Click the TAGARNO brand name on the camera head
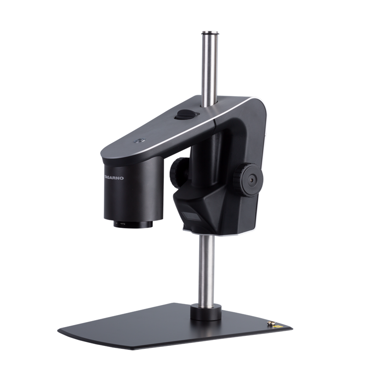[114, 178]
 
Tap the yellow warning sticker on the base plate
[279, 326]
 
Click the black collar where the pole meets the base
[206, 311]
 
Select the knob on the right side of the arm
[248, 179]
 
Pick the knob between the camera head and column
[179, 171]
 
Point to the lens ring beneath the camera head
[133, 224]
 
